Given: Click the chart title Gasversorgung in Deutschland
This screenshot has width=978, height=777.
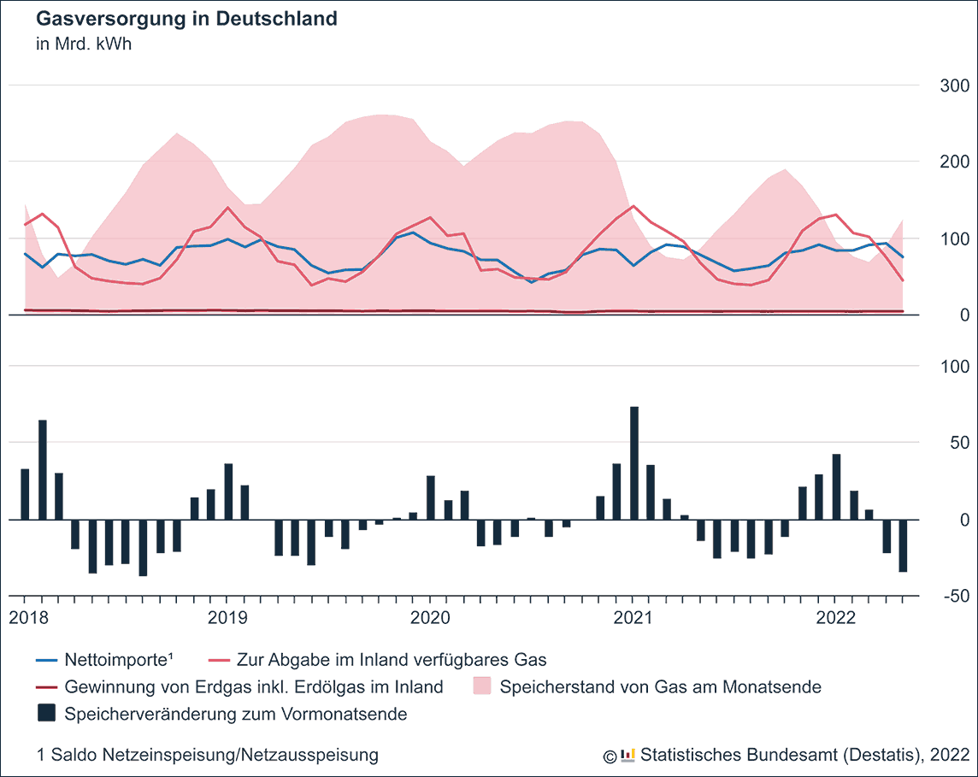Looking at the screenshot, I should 186,19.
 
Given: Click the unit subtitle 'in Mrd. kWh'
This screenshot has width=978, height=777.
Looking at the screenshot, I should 83,44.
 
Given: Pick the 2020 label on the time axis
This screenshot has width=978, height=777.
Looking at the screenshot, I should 429,617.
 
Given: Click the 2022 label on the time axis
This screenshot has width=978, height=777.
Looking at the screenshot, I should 835,617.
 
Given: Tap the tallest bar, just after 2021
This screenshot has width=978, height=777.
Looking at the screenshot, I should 634,462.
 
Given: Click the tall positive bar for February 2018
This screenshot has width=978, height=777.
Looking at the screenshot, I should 42,469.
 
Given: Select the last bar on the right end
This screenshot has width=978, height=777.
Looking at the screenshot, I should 903,545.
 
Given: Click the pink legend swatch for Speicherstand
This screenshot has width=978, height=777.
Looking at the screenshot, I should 482,686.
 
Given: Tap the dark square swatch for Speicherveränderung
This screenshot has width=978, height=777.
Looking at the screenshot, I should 46,713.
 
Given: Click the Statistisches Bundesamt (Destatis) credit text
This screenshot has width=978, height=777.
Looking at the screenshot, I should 804,755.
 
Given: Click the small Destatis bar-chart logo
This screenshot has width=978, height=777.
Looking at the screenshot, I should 628,754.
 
